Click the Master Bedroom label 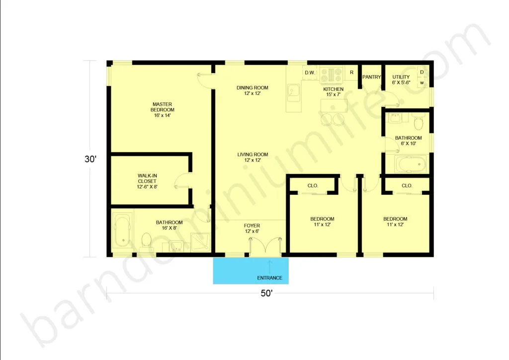click(163, 110)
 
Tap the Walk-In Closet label click(147, 181)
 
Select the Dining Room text click(252, 90)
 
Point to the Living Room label click(253, 157)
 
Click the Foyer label click(252, 228)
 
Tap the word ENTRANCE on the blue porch click(269, 278)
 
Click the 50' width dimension click(266, 293)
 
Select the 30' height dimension click(90, 159)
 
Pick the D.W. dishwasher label click(310, 73)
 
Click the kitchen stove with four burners click(331, 75)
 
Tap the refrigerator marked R click(351, 73)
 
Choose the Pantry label click(371, 77)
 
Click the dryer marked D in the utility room click(422, 72)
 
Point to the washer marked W click(422, 83)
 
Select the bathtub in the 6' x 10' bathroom click(410, 164)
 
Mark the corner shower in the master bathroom click(200, 242)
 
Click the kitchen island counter click(334, 106)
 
